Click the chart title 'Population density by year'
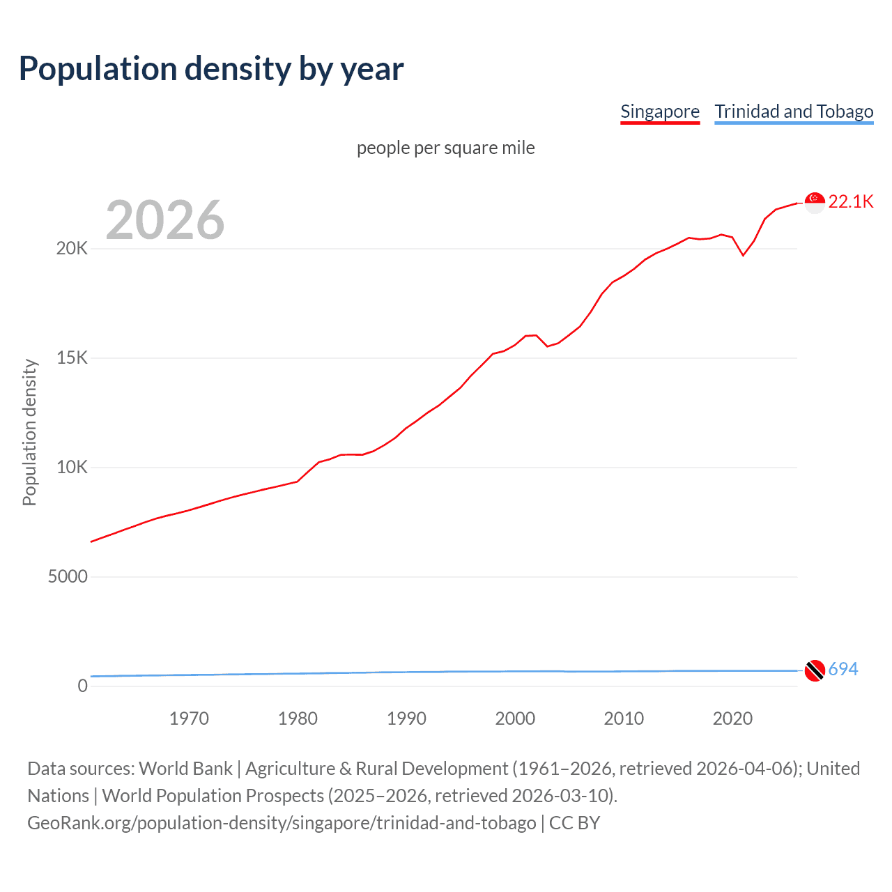pos(211,69)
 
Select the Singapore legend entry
pos(659,111)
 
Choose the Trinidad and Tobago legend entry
pos(793,111)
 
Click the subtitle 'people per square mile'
pos(445,148)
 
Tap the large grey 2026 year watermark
pos(165,220)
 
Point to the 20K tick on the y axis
pos(72,249)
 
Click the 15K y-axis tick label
pos(72,358)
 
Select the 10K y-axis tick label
pos(72,468)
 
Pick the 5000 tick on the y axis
pos(68,577)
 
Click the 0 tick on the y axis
pos(83,686)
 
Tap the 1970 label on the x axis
pos(189,718)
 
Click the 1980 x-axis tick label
pos(298,718)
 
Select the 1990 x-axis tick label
pos(406,718)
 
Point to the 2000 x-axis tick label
pos(515,718)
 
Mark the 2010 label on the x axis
pos(624,718)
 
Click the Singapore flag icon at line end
pos(815,202)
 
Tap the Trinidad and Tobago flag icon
pos(815,670)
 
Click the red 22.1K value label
pos(851,201)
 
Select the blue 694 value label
pos(843,669)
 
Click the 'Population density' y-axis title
pos(29,432)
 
